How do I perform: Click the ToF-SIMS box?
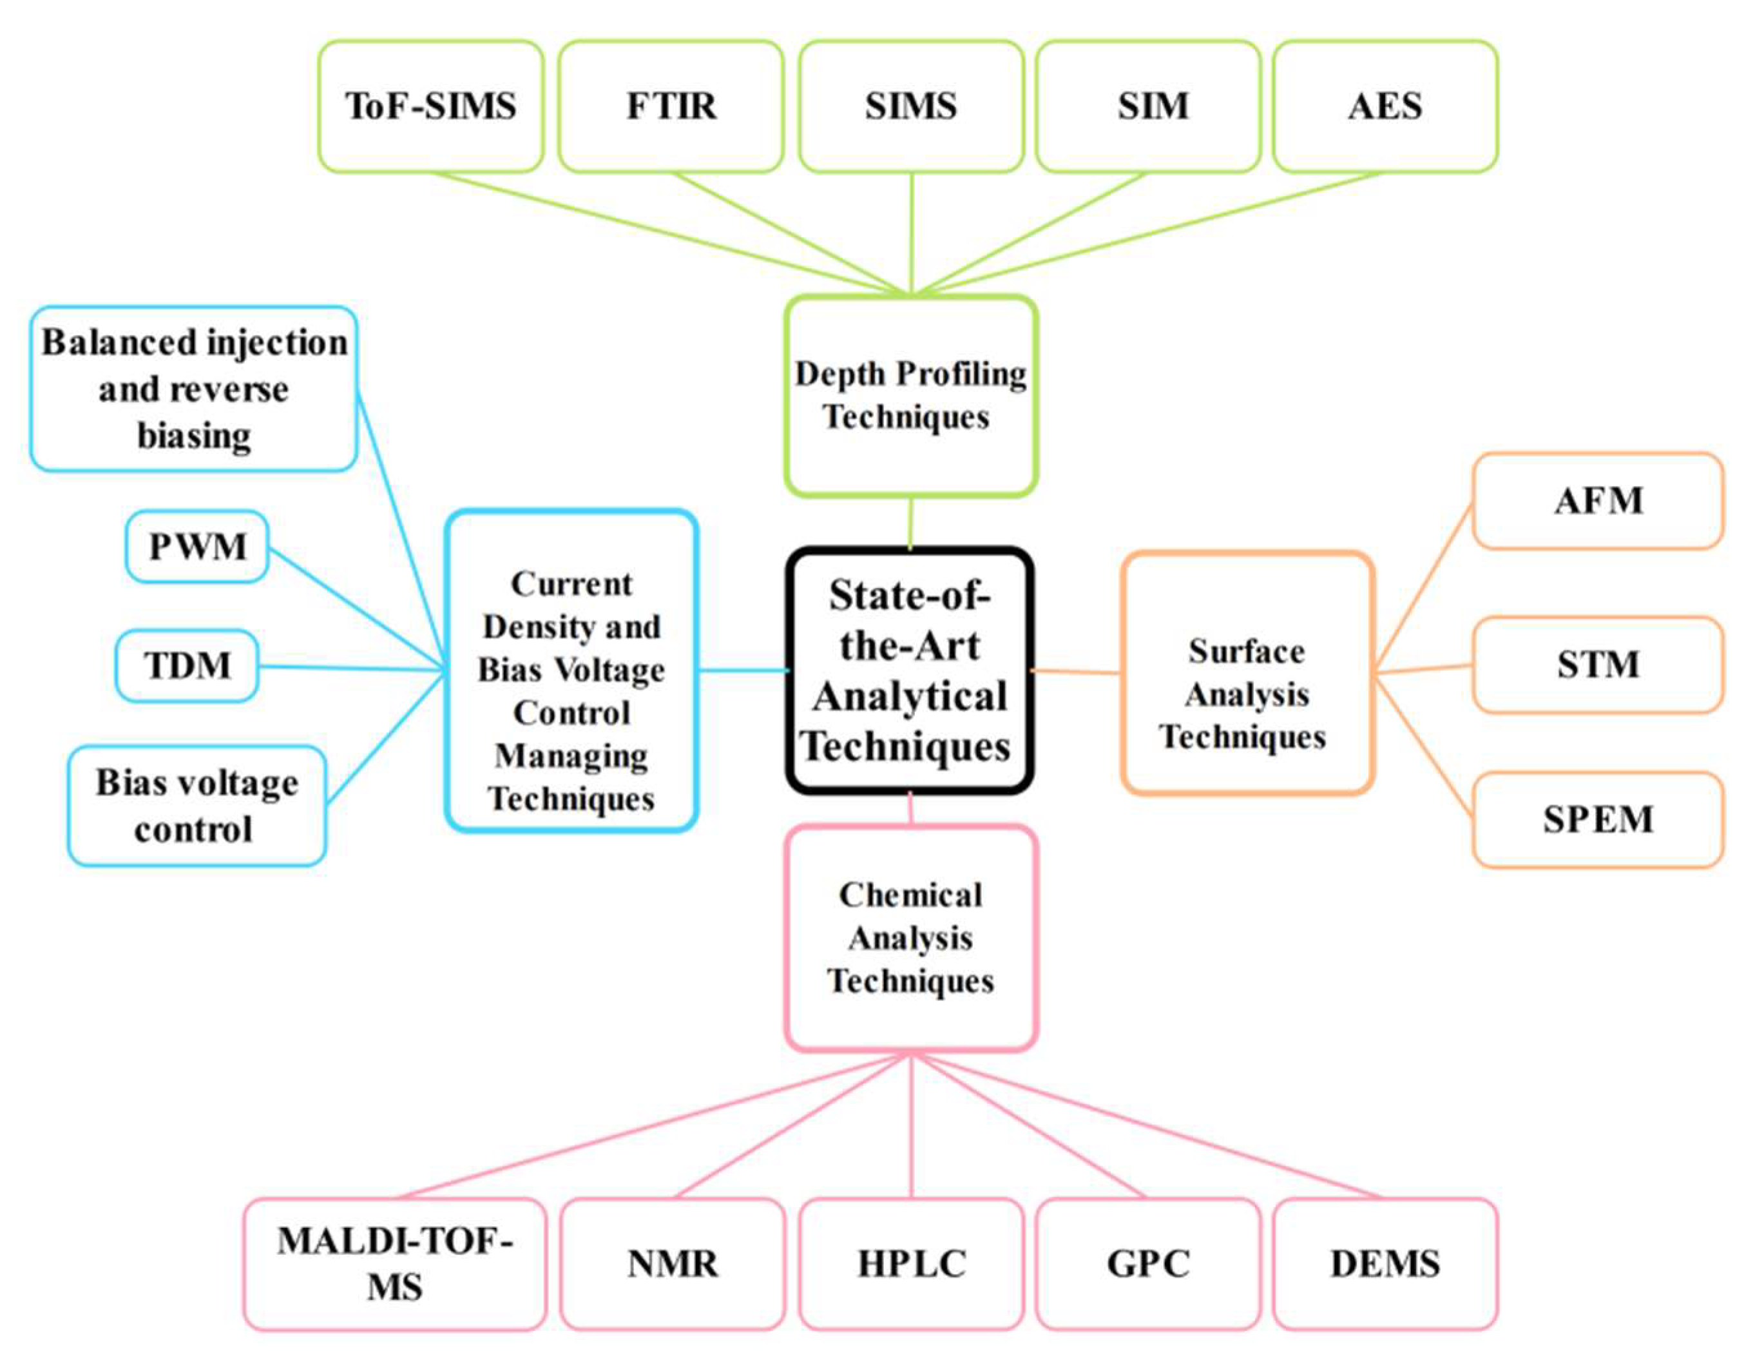431,106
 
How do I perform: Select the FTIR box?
671,106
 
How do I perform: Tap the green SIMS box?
911,106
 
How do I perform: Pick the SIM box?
1148,106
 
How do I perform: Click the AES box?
1385,106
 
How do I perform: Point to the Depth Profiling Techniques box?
911,396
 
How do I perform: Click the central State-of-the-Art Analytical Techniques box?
910,670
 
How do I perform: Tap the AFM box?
1598,501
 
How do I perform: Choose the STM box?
1598,665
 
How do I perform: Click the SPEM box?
1598,820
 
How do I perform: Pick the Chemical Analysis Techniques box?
911,938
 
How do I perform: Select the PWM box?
197,547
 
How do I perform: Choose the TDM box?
187,666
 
